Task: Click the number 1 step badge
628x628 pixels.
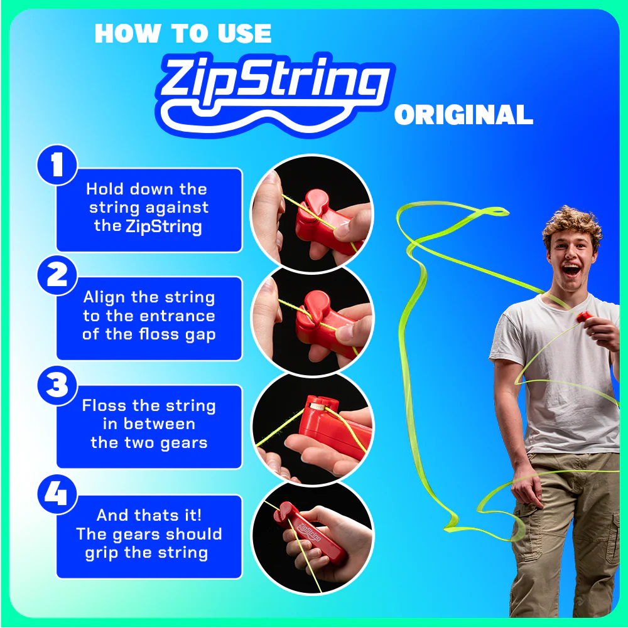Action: click(57, 166)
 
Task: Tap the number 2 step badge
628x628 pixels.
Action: click(57, 275)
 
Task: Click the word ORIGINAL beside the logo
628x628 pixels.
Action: click(463, 115)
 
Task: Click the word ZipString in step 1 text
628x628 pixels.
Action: click(164, 226)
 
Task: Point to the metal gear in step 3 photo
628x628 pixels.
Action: click(317, 407)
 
